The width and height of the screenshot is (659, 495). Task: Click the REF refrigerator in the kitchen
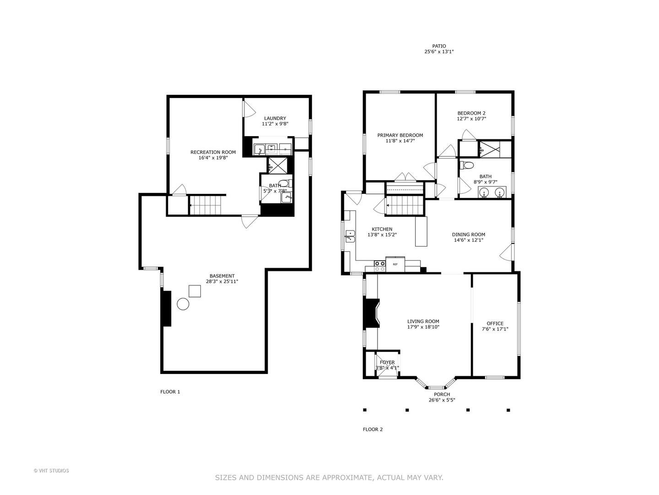coord(395,264)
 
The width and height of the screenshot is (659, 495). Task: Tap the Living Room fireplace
coord(372,313)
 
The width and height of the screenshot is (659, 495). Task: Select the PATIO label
coord(438,46)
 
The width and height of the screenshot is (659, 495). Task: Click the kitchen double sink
coord(350,236)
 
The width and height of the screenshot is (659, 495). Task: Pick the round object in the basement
coord(183,304)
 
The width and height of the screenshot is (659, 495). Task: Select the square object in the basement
coord(194,291)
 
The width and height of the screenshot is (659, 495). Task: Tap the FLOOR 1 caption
coord(170,391)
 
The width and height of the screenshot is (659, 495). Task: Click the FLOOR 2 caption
coord(373,429)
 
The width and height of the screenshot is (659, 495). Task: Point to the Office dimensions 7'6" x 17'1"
coord(495,329)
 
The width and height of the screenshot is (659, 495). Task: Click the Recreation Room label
coord(213,152)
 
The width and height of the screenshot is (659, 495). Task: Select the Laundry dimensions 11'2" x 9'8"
coord(275,124)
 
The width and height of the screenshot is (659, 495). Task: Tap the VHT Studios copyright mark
coord(51,471)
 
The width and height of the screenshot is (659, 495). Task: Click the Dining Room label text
coord(468,234)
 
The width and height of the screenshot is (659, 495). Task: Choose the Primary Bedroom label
coord(400,135)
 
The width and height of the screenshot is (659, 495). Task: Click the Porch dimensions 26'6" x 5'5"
coord(442,400)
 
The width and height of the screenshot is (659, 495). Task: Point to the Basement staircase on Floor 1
coord(205,205)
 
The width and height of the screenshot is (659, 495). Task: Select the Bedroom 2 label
coord(471,113)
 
